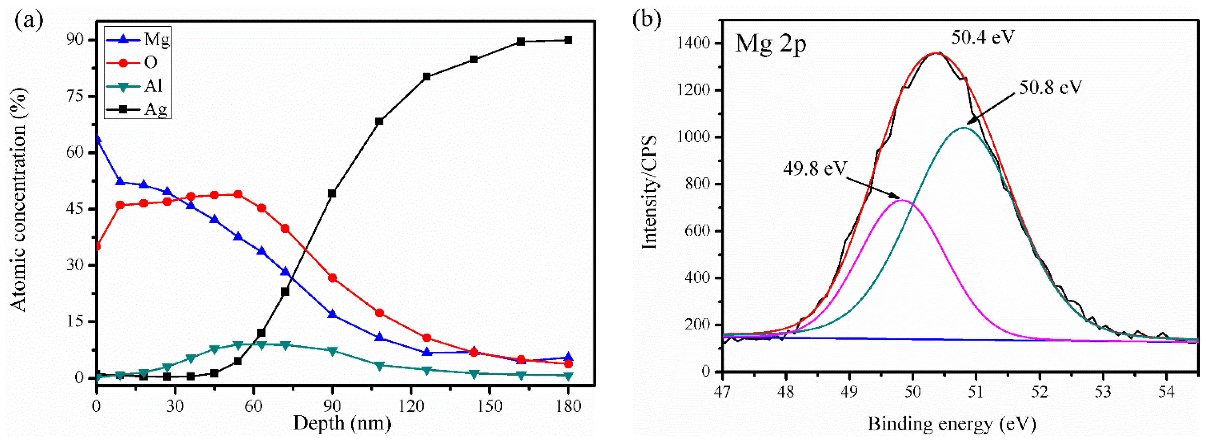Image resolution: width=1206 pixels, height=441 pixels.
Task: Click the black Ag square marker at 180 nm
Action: (x=568, y=40)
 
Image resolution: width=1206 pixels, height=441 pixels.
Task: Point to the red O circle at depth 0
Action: (x=97, y=247)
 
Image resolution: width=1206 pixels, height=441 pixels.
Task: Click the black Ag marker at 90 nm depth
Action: (x=332, y=193)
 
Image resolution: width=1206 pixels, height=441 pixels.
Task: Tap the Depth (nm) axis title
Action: (x=342, y=424)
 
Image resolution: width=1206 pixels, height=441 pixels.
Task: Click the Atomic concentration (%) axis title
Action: (x=19, y=199)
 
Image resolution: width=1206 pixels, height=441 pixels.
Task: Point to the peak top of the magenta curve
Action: (x=902, y=200)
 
